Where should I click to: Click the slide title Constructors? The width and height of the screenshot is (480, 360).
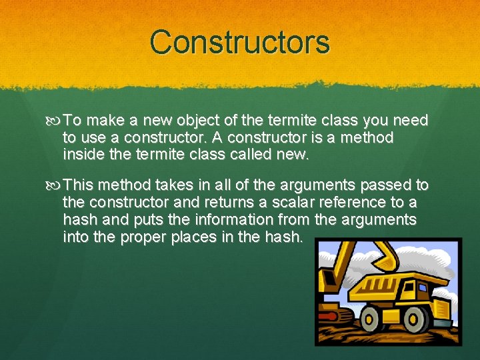[x=240, y=42]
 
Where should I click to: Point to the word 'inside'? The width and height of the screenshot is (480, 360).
[x=81, y=155]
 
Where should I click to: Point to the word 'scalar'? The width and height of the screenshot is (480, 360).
[x=285, y=202]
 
